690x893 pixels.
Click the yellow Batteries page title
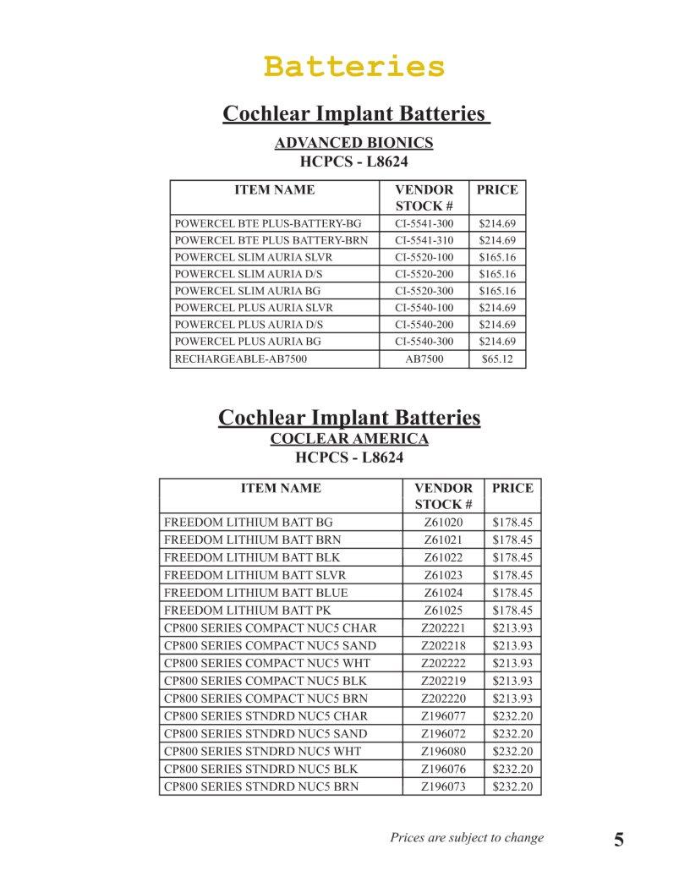pos(353,65)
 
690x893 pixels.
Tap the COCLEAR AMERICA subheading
pos(348,438)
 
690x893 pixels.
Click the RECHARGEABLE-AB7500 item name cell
pos(240,359)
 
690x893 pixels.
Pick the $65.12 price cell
pos(496,359)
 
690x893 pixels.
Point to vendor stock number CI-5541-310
pos(424,240)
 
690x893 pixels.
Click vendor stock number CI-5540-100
pos(424,308)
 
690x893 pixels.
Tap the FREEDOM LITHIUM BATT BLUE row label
pos(255,592)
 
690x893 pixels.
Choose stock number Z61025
pos(443,610)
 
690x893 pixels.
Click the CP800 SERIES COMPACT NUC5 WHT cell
pos(266,662)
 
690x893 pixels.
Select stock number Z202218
pos(443,645)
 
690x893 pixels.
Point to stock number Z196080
pos(443,751)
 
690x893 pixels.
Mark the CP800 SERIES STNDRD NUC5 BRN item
pos(260,786)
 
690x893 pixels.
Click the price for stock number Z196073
pos(512,786)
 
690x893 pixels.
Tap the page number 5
pos(619,840)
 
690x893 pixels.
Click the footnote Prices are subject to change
pos(467,838)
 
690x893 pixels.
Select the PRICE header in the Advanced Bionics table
pos(496,190)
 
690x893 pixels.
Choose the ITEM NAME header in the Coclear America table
pos(281,488)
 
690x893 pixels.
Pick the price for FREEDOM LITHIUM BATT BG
pos(512,522)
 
